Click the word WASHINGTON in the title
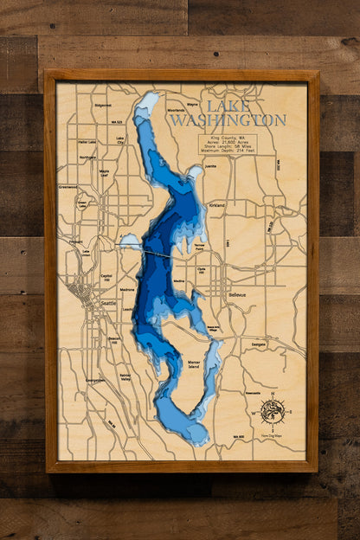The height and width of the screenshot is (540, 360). [x=228, y=120]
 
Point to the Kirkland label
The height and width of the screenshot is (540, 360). [x=216, y=205]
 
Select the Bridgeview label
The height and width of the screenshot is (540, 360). [x=103, y=105]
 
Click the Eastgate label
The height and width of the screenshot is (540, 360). [x=258, y=344]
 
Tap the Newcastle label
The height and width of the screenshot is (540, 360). [x=254, y=391]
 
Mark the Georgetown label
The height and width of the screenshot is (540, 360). [x=95, y=379]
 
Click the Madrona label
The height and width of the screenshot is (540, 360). [x=127, y=289]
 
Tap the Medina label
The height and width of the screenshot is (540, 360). [x=179, y=281]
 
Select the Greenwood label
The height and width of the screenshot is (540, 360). [x=68, y=186]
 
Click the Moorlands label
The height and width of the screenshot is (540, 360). [x=176, y=111]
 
